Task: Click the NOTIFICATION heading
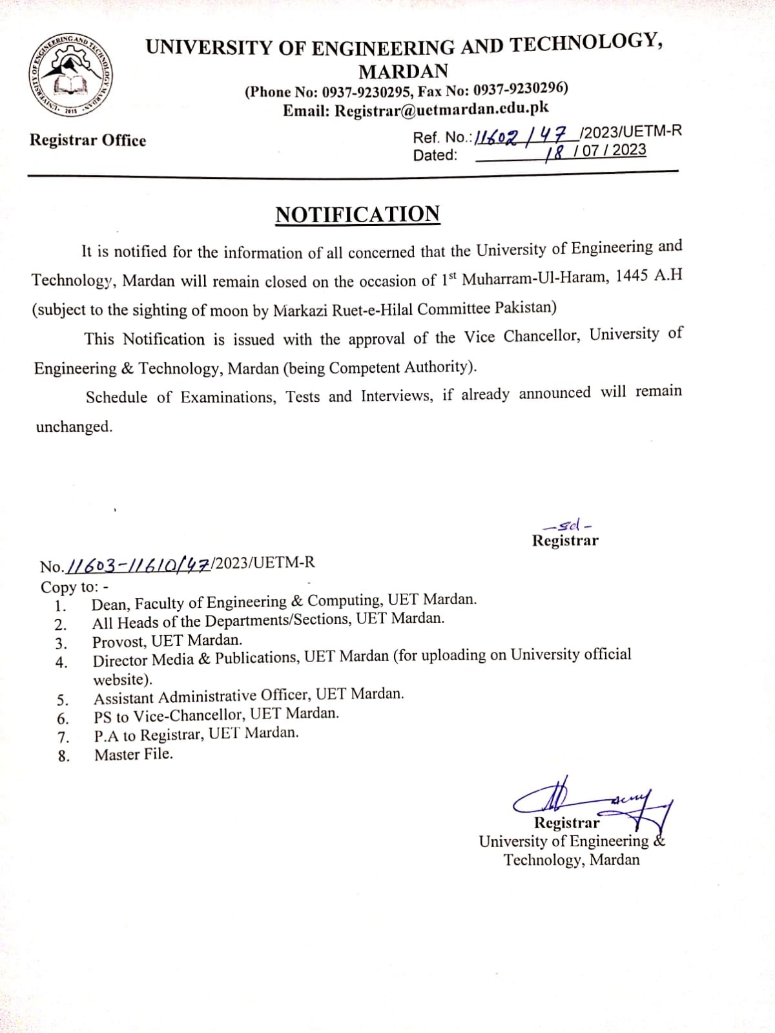358,214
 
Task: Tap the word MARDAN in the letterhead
403,70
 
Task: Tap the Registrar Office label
88,141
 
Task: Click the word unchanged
74,427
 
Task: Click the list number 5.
62,700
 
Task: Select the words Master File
134,755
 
